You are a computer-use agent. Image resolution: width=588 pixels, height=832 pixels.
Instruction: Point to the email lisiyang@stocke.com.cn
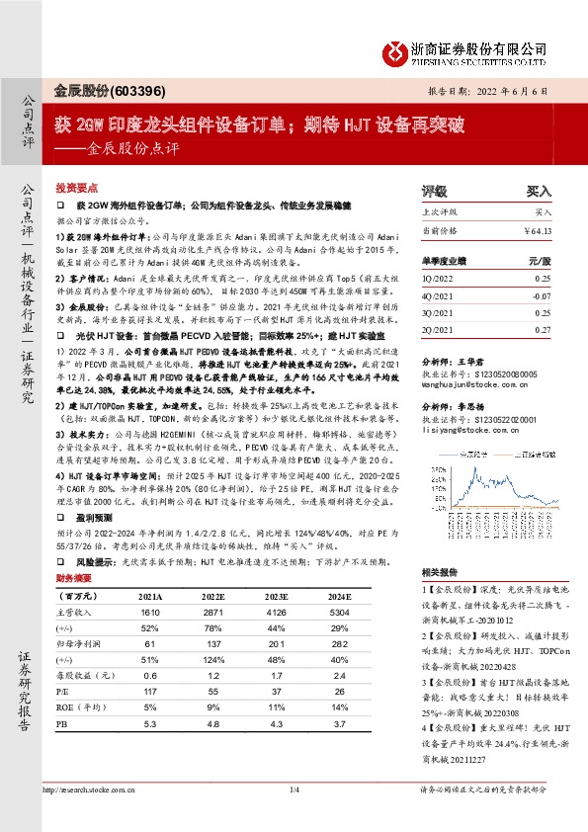(x=460, y=429)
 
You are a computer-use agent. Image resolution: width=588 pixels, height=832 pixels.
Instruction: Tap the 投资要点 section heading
(x=78, y=186)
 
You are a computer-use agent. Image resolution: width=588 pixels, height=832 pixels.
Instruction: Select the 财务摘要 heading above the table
(x=77, y=578)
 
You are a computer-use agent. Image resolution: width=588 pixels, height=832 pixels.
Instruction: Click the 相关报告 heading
(x=441, y=571)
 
